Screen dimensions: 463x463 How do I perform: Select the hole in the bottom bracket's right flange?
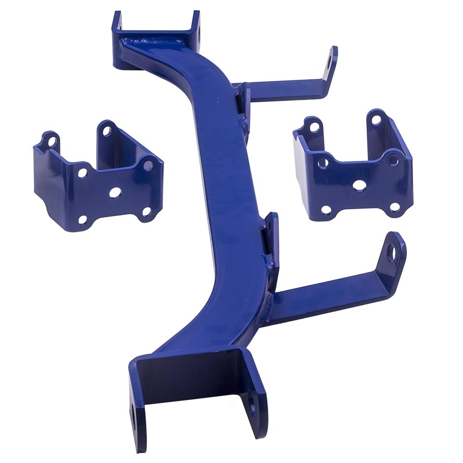click(x=253, y=408)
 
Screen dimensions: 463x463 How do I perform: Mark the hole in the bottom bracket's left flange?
click(x=134, y=413)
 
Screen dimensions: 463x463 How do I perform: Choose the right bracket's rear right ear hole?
click(x=376, y=120)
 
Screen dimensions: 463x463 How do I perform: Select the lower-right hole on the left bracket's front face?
click(x=146, y=212)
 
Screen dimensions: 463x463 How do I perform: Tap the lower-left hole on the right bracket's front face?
click(x=326, y=210)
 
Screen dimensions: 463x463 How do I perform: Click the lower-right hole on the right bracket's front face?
click(x=394, y=206)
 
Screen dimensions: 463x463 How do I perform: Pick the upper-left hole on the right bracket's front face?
click(x=323, y=163)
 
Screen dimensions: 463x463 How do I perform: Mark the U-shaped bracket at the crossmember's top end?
click(x=157, y=35)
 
